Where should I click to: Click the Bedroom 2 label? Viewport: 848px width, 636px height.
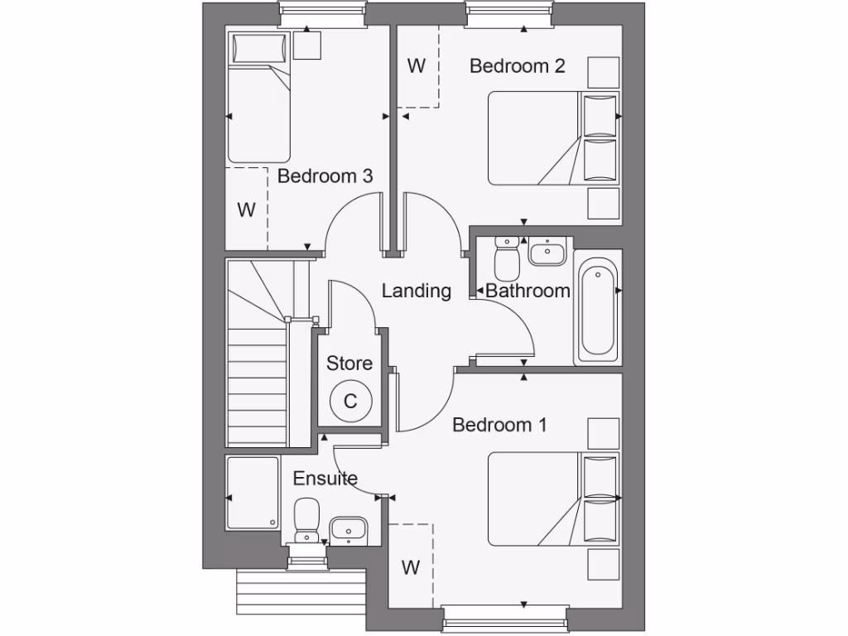tap(517, 66)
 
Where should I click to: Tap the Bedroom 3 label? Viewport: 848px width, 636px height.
tap(325, 176)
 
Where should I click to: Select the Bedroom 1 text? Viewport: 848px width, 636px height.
tap(499, 425)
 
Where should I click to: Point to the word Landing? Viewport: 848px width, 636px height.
tap(416, 291)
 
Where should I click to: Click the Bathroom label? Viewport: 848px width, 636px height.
tap(528, 291)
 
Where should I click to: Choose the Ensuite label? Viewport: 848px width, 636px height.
tap(325, 479)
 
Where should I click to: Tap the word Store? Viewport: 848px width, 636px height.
tap(349, 364)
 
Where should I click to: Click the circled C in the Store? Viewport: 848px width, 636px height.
tap(349, 402)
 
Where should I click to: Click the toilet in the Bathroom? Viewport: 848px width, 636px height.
tap(506, 258)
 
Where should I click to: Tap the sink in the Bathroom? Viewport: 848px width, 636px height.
tap(547, 252)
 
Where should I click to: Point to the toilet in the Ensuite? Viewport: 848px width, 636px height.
tap(306, 518)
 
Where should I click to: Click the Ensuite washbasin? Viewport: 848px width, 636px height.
tap(348, 528)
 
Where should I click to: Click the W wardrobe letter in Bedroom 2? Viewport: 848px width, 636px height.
tap(416, 66)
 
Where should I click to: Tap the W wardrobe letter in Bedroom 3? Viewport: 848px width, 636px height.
tap(246, 210)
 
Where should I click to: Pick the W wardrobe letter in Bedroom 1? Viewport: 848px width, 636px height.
tap(410, 568)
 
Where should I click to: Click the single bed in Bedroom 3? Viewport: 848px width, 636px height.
tap(259, 97)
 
